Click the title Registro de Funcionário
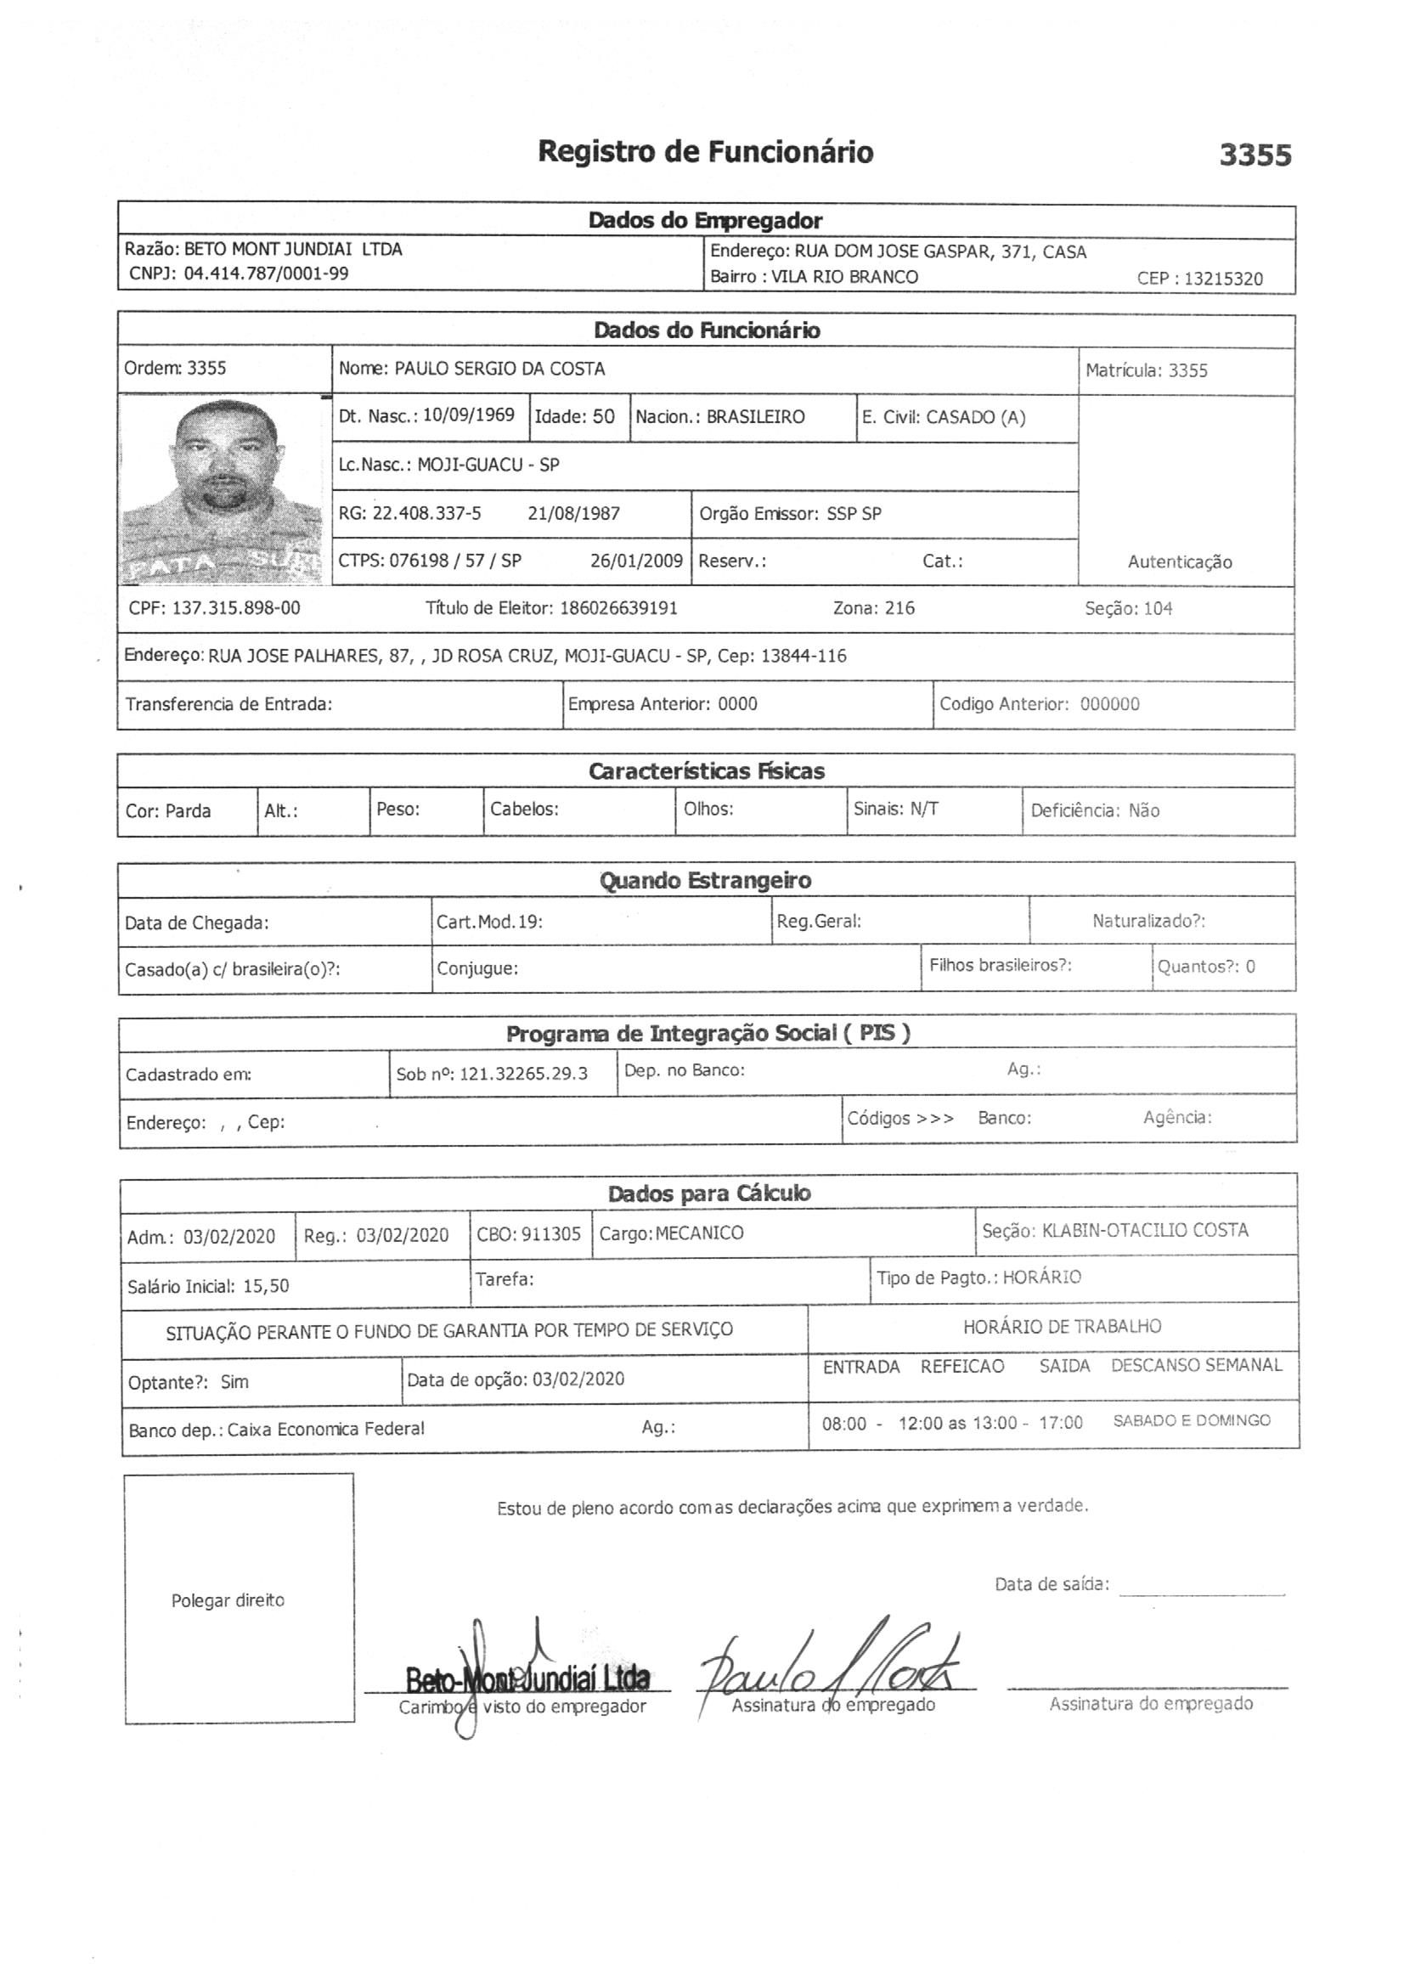click(705, 152)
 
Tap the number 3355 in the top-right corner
click(1255, 155)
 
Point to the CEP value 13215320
click(1222, 279)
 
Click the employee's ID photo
click(223, 490)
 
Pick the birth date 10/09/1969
click(468, 415)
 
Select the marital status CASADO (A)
click(975, 418)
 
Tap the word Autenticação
click(1179, 562)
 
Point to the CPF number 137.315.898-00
click(235, 608)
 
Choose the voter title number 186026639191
click(618, 608)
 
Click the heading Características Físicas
click(706, 771)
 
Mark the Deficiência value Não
click(1143, 811)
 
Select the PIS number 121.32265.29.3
click(522, 1075)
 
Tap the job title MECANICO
click(699, 1233)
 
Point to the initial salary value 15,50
click(266, 1286)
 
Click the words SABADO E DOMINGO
click(1191, 1420)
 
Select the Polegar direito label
click(228, 1601)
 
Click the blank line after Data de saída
click(1203, 1588)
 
